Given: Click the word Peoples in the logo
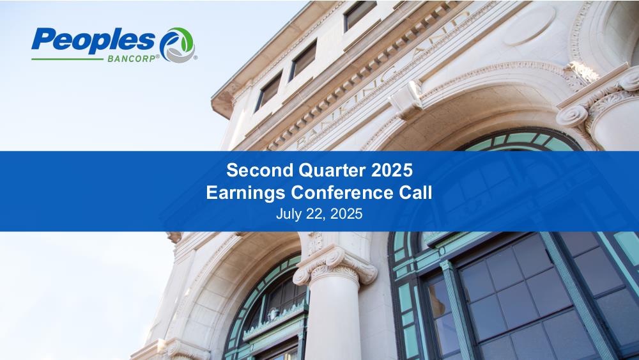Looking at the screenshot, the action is tap(93, 41).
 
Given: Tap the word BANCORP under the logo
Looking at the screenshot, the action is tap(132, 59).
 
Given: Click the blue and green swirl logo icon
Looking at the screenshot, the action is tap(177, 44).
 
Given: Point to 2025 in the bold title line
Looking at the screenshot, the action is tap(392, 170).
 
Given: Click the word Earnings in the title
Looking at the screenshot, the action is tap(245, 193).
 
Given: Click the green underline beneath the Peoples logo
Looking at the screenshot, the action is tap(67, 59).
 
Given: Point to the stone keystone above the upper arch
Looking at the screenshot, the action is tap(406, 100).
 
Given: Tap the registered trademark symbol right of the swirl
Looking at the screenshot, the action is tap(195, 58).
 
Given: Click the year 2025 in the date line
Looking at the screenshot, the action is tap(346, 214).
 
